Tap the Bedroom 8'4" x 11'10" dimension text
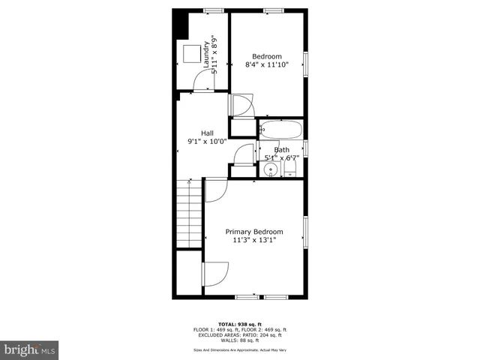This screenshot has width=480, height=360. click(x=267, y=65)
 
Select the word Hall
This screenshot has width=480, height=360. click(x=206, y=133)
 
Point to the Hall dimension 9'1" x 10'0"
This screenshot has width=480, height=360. click(x=206, y=141)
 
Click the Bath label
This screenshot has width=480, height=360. click(x=281, y=150)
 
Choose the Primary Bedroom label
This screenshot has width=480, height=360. click(x=254, y=232)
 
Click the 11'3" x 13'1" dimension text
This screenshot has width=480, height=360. click(x=254, y=241)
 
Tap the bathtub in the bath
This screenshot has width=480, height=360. click(x=281, y=130)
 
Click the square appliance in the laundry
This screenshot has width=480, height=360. click(x=191, y=54)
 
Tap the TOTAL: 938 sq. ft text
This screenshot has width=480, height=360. click(x=240, y=324)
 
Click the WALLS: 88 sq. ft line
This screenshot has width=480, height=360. click(x=240, y=340)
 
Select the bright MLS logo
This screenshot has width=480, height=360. click(x=30, y=349)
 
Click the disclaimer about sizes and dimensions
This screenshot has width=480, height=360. click(x=240, y=349)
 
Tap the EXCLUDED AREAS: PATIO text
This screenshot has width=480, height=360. click(x=240, y=335)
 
